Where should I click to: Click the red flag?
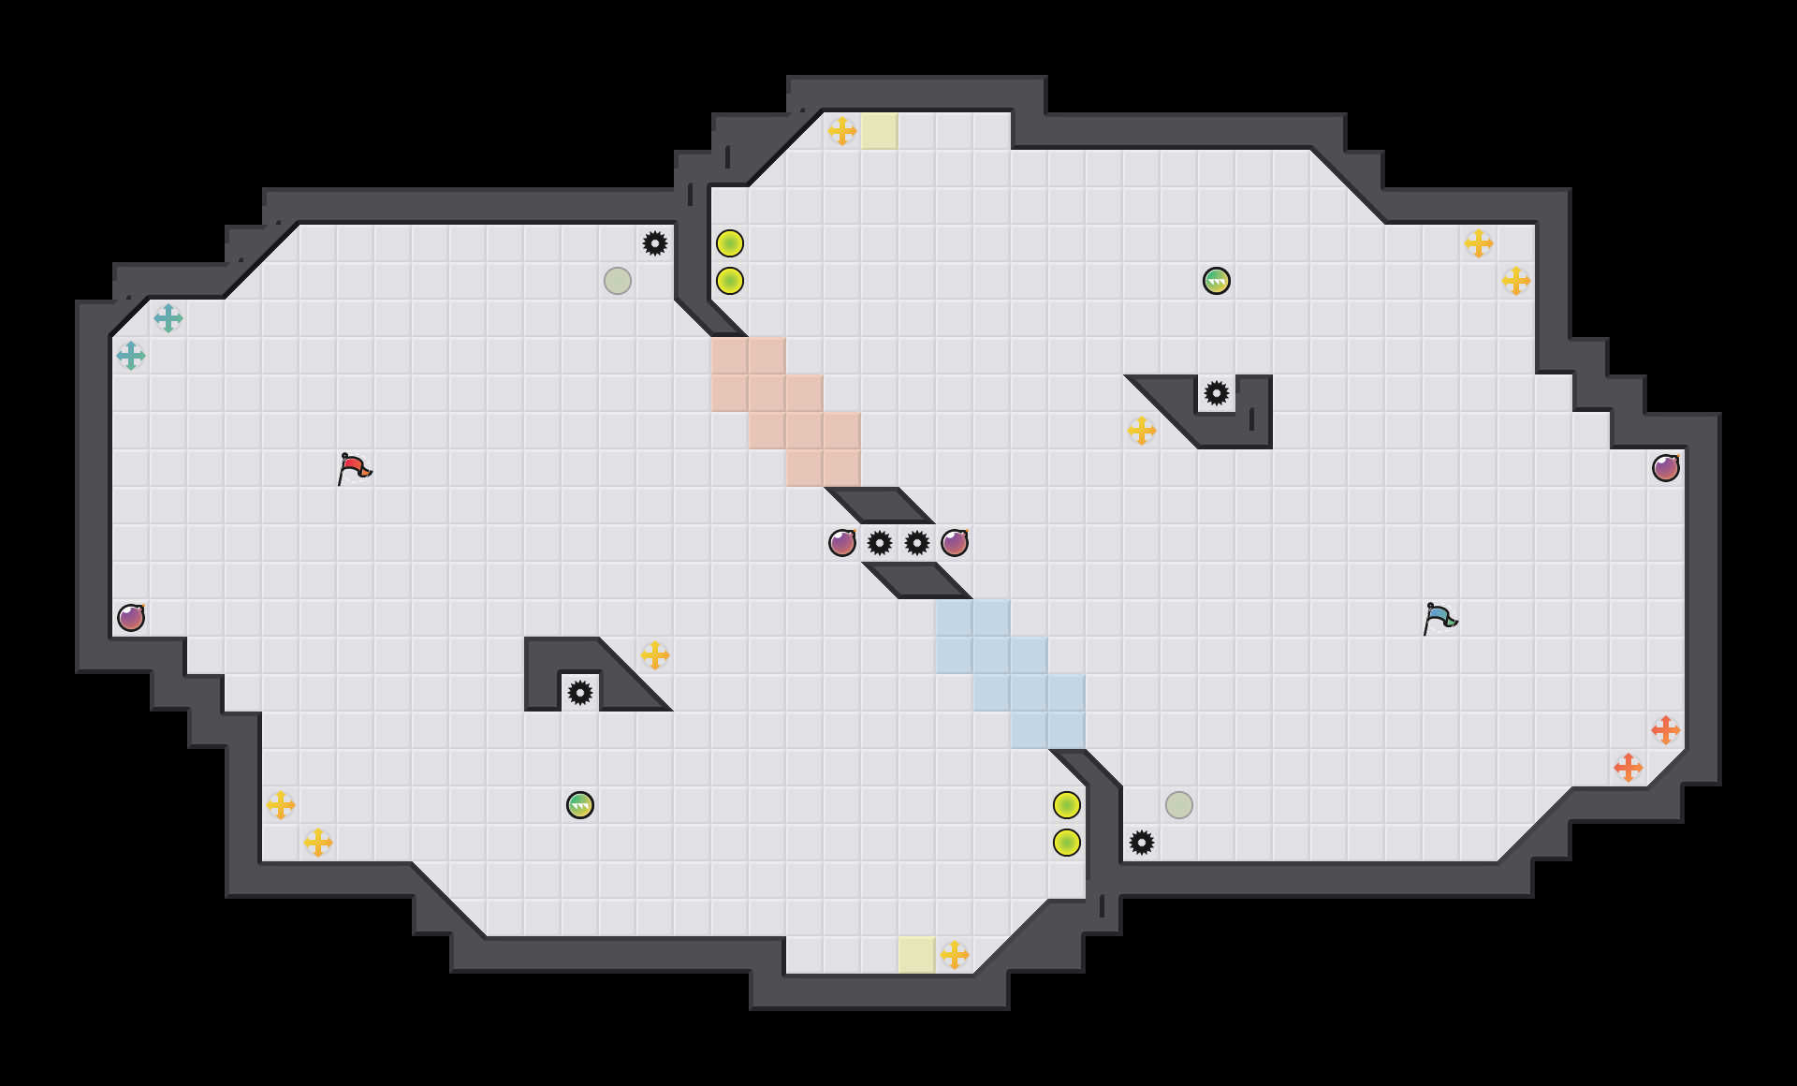click(x=354, y=468)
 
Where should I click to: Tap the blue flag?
click(x=1439, y=618)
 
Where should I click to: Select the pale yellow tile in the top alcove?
click(x=879, y=131)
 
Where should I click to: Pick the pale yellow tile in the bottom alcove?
click(x=916, y=955)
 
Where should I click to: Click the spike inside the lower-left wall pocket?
click(x=580, y=693)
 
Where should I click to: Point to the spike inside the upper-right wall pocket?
click(x=1216, y=393)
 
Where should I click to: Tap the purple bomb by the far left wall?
click(x=131, y=618)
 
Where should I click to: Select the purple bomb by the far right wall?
click(x=1665, y=468)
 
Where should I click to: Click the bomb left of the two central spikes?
click(x=842, y=543)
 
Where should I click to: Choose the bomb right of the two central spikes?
click(x=955, y=543)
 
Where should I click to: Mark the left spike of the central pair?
click(x=880, y=543)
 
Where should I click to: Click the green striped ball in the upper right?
click(x=1216, y=281)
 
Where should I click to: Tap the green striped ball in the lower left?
click(x=580, y=805)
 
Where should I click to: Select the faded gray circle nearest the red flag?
click(x=618, y=281)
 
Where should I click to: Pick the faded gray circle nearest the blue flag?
click(x=1179, y=805)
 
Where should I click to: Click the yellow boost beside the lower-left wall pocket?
click(x=655, y=655)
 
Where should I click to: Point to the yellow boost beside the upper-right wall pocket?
click(x=1142, y=431)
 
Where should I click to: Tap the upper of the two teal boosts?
click(x=168, y=318)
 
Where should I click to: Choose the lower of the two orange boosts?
click(x=1629, y=768)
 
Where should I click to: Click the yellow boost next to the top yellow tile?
click(x=842, y=131)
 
